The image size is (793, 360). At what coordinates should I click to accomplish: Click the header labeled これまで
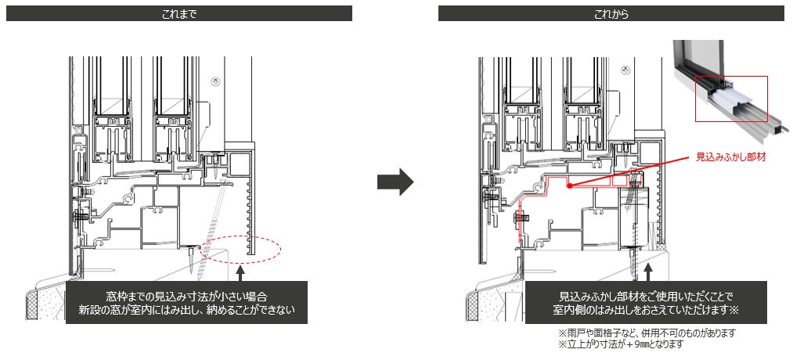178,13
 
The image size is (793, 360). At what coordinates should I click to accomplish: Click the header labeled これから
611,13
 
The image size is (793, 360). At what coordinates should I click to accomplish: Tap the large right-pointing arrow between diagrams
395,182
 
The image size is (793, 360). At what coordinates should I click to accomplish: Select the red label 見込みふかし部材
730,157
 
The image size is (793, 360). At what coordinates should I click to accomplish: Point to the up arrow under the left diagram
240,272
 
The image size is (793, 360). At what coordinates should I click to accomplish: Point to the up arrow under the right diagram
648,272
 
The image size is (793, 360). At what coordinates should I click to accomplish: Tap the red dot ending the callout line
571,186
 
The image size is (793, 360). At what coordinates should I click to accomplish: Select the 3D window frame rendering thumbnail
724,83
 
